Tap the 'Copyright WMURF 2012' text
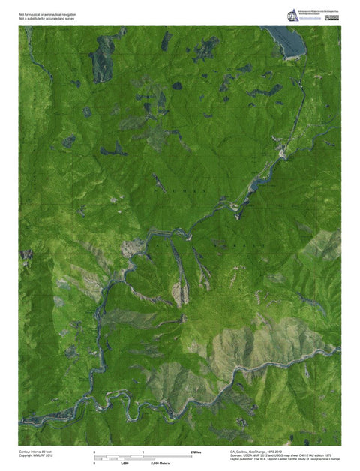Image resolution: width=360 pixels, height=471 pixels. [x=37, y=455]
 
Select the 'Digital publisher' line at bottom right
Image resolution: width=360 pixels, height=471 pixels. [x=284, y=460]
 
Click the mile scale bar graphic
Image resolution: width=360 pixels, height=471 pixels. [x=142, y=457]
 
